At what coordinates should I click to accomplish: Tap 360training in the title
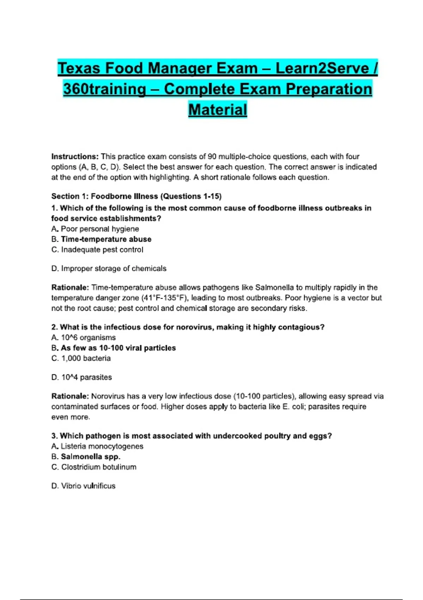pyautogui.click(x=105, y=89)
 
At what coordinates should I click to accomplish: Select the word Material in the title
pyautogui.click(x=217, y=109)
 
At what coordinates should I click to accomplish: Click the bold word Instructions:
pyautogui.click(x=75, y=156)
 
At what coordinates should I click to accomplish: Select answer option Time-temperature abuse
pyautogui.click(x=106, y=239)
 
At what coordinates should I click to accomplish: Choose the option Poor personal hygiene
pyautogui.click(x=100, y=229)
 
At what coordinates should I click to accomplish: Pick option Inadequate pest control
pyautogui.click(x=102, y=250)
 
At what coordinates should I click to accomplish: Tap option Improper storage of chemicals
pyautogui.click(x=114, y=269)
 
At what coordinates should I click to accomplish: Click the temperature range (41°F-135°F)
pyautogui.click(x=165, y=298)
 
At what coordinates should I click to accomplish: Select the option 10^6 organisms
pyautogui.click(x=88, y=338)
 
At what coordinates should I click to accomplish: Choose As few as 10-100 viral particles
pyautogui.click(x=118, y=348)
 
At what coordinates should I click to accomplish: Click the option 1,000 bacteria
pyautogui.click(x=86, y=359)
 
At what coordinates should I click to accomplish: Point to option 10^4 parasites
pyautogui.click(x=86, y=377)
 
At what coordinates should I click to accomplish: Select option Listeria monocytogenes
pyautogui.click(x=102, y=446)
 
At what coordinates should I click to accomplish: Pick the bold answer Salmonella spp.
pyautogui.click(x=91, y=457)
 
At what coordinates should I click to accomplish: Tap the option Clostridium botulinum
pyautogui.click(x=99, y=467)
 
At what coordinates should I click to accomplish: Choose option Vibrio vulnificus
pyautogui.click(x=88, y=486)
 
